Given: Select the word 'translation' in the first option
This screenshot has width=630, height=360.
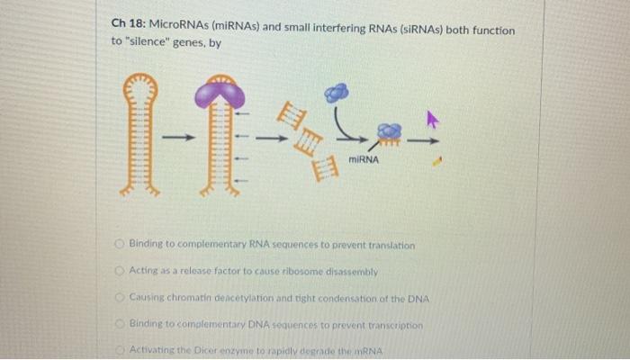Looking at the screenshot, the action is tap(389, 245).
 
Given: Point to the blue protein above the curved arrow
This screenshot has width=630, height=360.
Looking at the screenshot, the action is tap(335, 92).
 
